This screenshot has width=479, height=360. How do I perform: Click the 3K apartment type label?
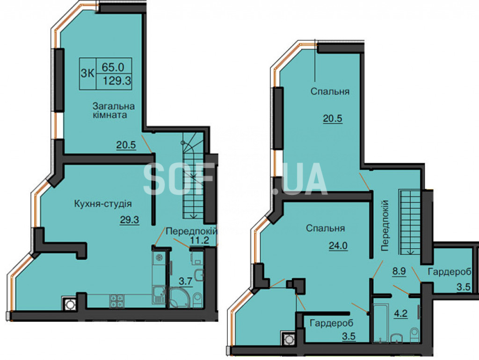(x=87, y=73)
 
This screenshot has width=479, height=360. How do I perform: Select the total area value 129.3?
(x=116, y=81)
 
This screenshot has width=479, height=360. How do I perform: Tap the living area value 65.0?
(x=113, y=66)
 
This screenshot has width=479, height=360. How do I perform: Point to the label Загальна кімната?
(x=114, y=110)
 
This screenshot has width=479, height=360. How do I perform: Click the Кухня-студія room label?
(x=103, y=204)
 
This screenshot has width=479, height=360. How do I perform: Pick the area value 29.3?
(x=130, y=220)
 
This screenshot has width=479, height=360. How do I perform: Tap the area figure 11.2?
(x=199, y=240)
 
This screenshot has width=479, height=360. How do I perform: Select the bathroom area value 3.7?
(x=185, y=281)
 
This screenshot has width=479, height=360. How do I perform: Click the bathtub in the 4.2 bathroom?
(x=381, y=323)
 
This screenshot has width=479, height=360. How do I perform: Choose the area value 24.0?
(x=338, y=245)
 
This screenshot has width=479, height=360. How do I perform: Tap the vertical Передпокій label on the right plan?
(x=385, y=226)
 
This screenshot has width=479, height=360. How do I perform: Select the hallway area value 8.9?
(x=399, y=271)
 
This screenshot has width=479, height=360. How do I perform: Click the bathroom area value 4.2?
(x=401, y=313)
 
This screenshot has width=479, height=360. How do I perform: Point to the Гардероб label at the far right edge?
(x=450, y=272)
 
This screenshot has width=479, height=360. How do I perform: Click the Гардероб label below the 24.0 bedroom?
(x=332, y=323)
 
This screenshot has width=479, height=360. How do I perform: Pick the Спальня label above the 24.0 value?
(x=326, y=228)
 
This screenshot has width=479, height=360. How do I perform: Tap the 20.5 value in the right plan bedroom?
(x=333, y=118)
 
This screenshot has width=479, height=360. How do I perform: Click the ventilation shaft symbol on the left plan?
(x=69, y=304)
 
